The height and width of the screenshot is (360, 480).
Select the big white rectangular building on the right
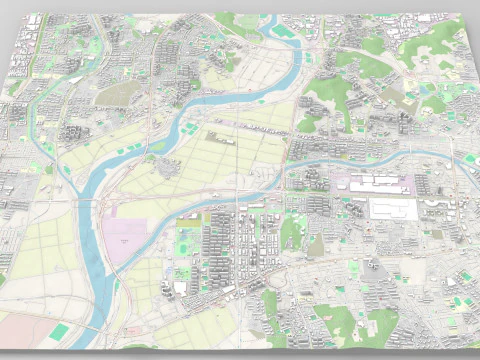[x=393, y=208]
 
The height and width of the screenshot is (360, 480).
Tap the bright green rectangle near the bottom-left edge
[x=62, y=329]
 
